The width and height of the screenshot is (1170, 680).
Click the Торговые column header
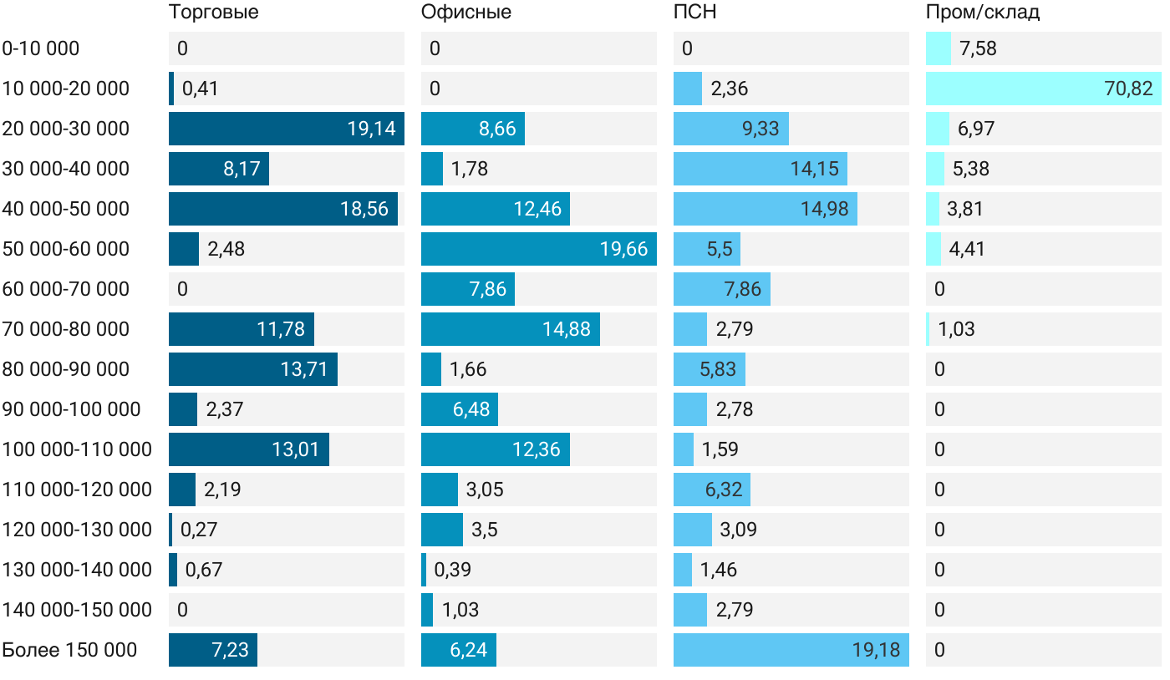tap(213, 13)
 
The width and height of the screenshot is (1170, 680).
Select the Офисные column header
tap(465, 13)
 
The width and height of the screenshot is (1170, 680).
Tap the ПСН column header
tap(694, 13)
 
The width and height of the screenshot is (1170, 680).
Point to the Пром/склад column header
tap(982, 13)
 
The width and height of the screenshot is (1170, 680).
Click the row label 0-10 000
tap(41, 48)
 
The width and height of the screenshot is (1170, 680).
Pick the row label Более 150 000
tap(69, 650)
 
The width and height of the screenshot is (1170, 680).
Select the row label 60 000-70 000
tap(66, 289)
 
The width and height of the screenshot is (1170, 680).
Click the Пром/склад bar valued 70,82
tap(1043, 89)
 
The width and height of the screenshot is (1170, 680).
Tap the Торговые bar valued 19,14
tap(286, 129)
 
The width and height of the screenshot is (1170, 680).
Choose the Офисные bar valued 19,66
tap(538, 249)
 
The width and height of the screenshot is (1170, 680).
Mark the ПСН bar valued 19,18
tap(791, 650)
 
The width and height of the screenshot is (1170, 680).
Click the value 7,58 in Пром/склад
tap(978, 48)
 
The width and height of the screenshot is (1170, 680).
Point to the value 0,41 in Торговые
tap(200, 89)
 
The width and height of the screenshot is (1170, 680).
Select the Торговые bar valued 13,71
tap(252, 369)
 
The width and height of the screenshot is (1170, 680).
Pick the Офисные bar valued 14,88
tap(510, 329)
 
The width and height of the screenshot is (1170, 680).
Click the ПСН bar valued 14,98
tap(765, 209)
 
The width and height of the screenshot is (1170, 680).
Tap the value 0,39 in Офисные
tap(452, 570)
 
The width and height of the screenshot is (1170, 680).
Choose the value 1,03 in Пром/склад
tap(956, 329)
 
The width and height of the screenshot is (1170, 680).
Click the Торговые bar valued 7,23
tap(212, 650)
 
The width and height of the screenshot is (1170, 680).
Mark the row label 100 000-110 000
tap(77, 449)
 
